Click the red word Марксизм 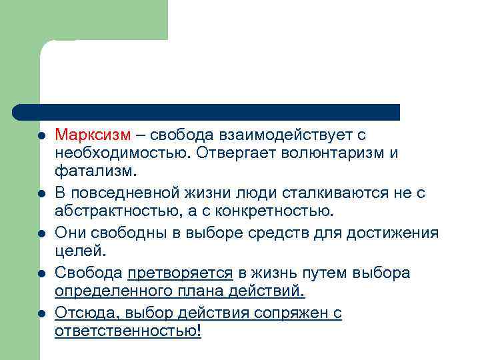tap(93, 135)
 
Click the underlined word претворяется tap(180, 273)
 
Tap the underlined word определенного tap(111, 291)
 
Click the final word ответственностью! tap(127, 331)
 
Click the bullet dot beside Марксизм tap(41, 135)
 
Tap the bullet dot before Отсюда tap(41, 313)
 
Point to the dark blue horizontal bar tap(207, 112)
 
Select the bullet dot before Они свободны tap(41, 233)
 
